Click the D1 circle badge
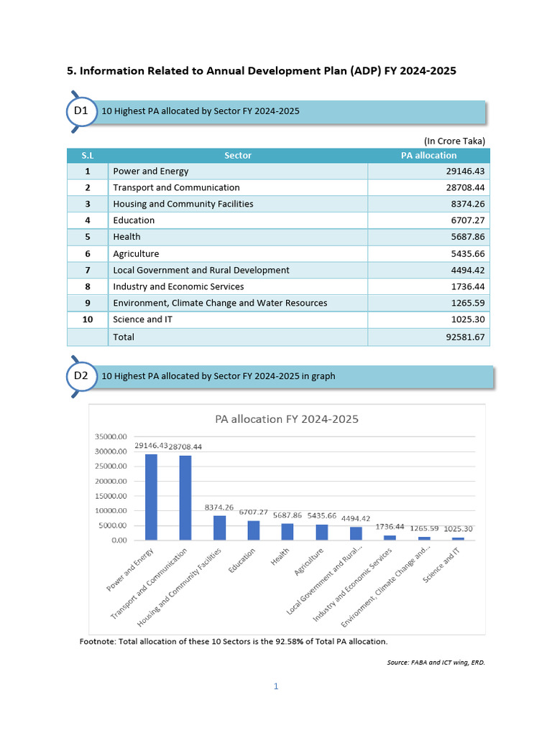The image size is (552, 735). (80, 111)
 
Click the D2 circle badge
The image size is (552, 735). (80, 376)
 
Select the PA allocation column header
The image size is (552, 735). (428, 155)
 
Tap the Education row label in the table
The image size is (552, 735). (134, 220)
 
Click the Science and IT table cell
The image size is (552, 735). (142, 319)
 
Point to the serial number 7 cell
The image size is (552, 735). (87, 270)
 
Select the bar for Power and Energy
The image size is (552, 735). (151, 497)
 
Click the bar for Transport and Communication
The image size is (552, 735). (185, 497)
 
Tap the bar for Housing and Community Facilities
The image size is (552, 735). (219, 528)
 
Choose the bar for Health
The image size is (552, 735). (287, 532)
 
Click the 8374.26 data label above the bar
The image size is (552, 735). (219, 507)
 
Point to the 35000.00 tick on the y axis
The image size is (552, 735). (111, 436)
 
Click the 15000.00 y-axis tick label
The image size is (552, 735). (111, 496)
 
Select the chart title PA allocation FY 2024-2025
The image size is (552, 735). (287, 419)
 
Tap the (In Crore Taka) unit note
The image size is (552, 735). (454, 141)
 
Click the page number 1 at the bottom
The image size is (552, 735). (275, 686)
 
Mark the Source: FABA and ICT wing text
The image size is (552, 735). (436, 663)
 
